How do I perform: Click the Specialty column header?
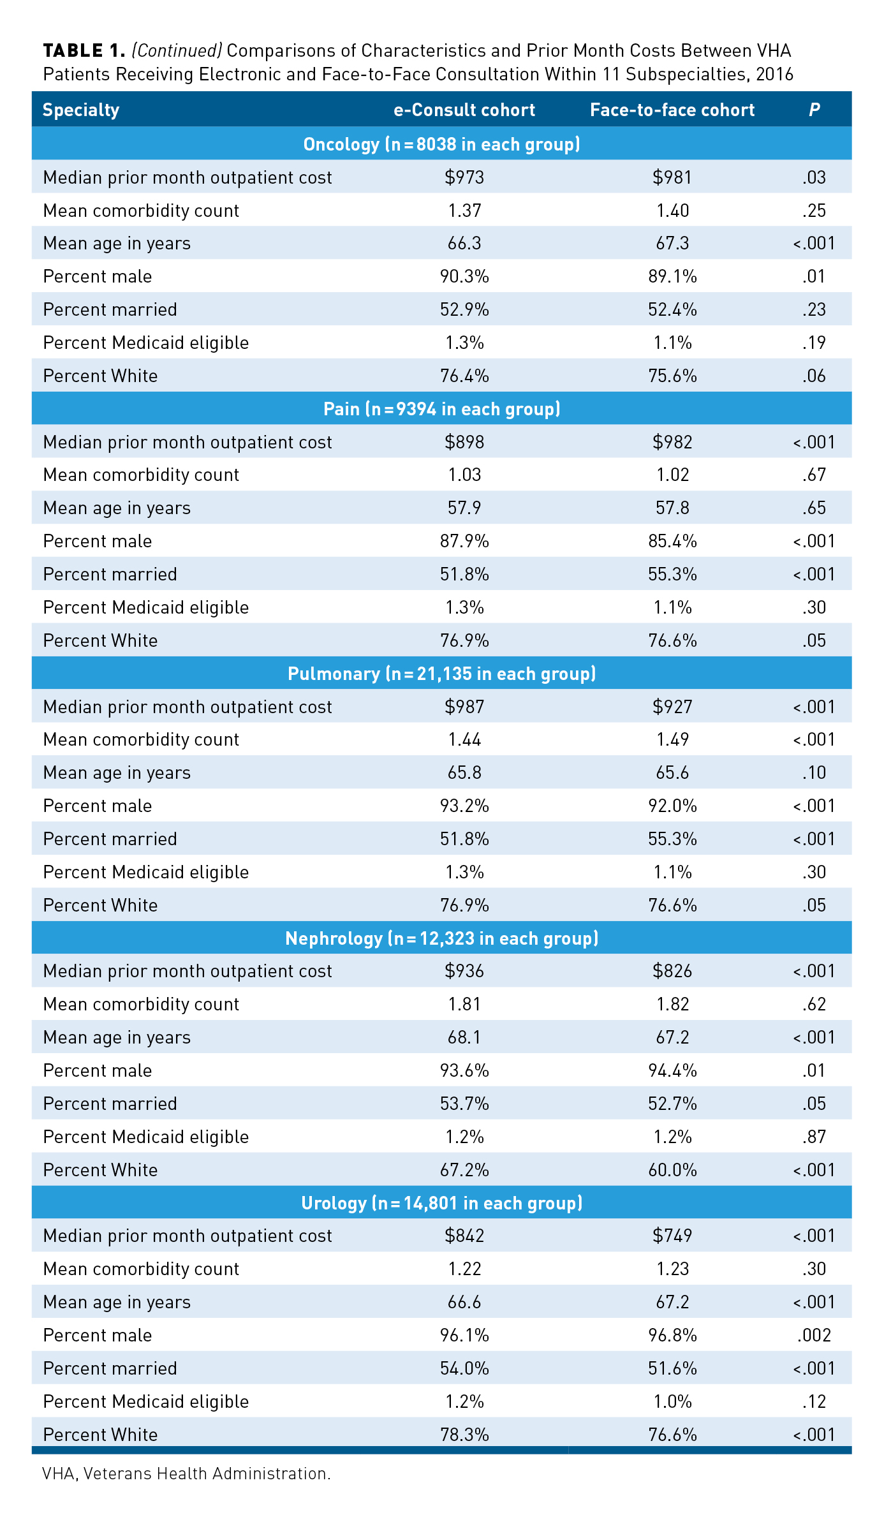click(x=81, y=110)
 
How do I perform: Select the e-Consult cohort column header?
click(x=464, y=110)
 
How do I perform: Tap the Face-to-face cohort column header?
click(x=672, y=110)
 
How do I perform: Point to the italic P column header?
click(x=814, y=110)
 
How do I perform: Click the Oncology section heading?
click(x=441, y=144)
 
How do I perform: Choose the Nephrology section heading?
click(x=441, y=938)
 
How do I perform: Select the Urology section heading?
click(x=441, y=1203)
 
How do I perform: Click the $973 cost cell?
click(x=464, y=177)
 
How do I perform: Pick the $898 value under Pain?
click(x=464, y=442)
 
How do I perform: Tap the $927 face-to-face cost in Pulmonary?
click(x=672, y=707)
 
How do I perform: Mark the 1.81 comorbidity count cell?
click(x=464, y=1004)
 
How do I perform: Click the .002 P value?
click(x=814, y=1335)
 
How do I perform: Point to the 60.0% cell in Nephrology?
click(x=672, y=1170)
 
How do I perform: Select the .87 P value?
click(x=814, y=1137)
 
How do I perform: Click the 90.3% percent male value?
click(x=464, y=276)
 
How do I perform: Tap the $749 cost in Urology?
click(x=672, y=1236)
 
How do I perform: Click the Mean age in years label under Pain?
click(x=117, y=508)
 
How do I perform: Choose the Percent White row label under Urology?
click(x=100, y=1435)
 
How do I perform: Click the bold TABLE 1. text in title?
click(x=84, y=50)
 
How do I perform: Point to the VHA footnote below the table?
click(x=186, y=1474)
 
